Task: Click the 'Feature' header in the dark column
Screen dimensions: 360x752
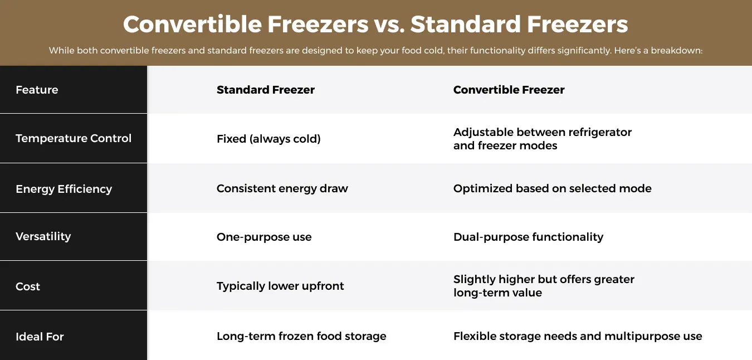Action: [x=37, y=90]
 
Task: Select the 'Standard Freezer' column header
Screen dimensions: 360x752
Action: [x=265, y=90]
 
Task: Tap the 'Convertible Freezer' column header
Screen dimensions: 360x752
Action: [x=509, y=90]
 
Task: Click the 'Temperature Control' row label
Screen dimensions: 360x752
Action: [x=74, y=138]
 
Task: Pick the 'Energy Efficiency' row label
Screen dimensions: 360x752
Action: [x=64, y=189]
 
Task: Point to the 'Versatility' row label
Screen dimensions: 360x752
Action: [x=43, y=236]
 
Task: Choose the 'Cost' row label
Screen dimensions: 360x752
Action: [x=28, y=286]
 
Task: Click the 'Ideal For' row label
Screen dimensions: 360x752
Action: [x=40, y=337]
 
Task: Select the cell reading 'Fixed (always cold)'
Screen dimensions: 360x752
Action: [x=268, y=139]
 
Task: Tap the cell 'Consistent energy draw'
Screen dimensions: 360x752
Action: [x=282, y=188]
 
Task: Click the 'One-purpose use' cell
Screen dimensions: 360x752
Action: [x=264, y=237]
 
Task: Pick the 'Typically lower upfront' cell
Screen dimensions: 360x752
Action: [x=280, y=286]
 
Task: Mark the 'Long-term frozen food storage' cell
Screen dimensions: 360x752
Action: [x=301, y=336]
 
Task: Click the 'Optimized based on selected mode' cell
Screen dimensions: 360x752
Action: [x=552, y=188]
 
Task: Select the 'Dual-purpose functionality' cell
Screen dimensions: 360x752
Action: [x=528, y=237]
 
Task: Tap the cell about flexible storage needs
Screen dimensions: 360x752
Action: [x=578, y=336]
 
